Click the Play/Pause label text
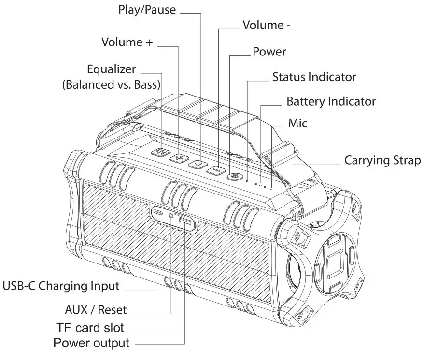147,10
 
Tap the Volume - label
266,25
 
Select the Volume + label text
127,42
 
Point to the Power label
269,52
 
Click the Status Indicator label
314,77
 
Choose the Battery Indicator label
331,102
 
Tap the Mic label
297,123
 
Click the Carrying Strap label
382,160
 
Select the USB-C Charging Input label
61,286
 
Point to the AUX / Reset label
96,309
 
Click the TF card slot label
90,328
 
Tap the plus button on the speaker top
179,158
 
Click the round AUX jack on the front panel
171,216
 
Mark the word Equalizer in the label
111,69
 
